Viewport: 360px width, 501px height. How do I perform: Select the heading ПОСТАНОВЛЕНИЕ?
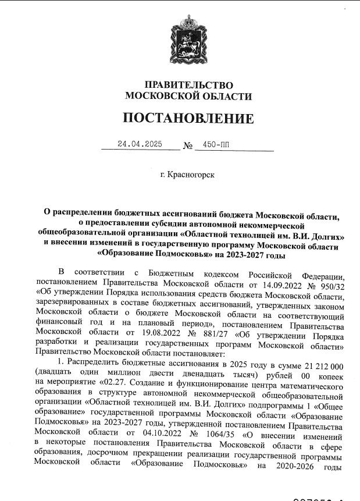click(x=188, y=119)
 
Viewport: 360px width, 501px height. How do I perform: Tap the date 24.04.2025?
click(x=140, y=144)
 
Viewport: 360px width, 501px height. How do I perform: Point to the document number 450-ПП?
click(x=216, y=144)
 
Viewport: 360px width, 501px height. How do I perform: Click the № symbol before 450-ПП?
click(x=187, y=145)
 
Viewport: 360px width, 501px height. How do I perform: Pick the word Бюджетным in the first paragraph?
click(x=173, y=273)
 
